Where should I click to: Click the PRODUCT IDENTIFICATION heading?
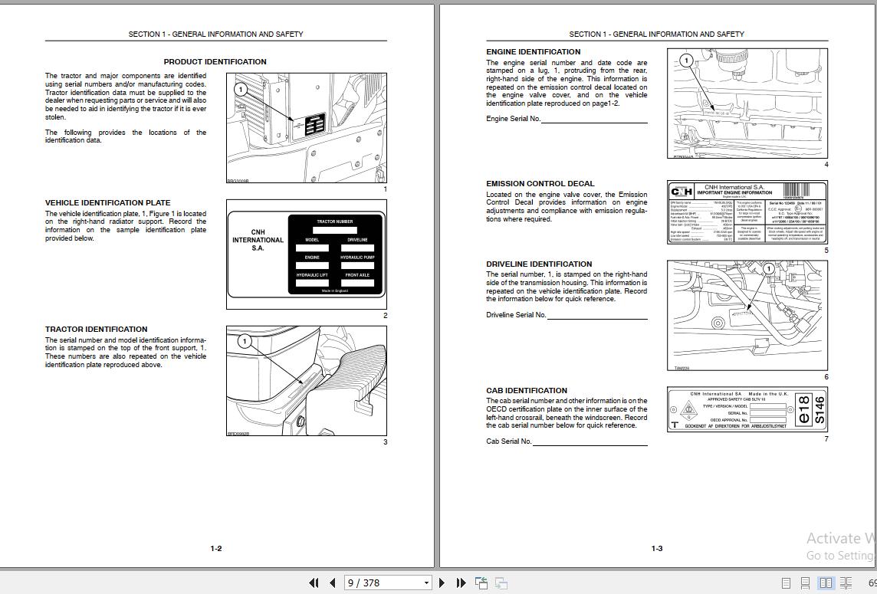[x=215, y=62]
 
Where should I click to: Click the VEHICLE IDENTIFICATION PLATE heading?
[x=107, y=203]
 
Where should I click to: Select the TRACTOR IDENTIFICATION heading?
[x=96, y=330]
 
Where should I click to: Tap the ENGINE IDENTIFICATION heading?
[x=533, y=52]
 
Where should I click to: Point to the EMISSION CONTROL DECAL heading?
[x=540, y=184]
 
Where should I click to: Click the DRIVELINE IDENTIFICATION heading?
[x=539, y=264]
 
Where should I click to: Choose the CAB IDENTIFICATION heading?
[x=526, y=391]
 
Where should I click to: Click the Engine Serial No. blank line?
[x=594, y=121]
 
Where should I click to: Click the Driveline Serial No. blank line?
[x=596, y=317]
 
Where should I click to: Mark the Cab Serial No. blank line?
[x=590, y=444]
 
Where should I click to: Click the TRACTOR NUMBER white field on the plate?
[x=335, y=230]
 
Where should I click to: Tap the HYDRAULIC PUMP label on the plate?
[x=357, y=258]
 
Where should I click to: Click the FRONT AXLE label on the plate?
[x=357, y=275]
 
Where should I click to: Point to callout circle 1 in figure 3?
[x=245, y=341]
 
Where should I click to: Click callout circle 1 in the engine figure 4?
[x=686, y=60]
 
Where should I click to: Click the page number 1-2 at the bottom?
[x=216, y=549]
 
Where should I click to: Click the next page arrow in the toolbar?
[x=442, y=583]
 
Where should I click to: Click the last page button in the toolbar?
[x=461, y=583]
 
